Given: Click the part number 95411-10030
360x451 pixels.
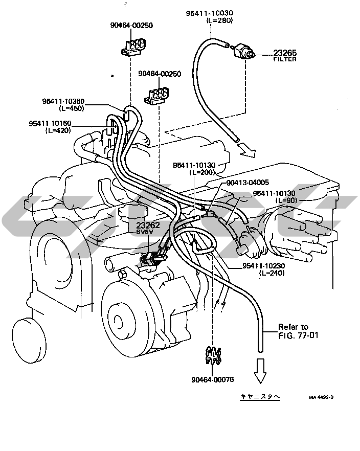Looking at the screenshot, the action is tap(209, 13).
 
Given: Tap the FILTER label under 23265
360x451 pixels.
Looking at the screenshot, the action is tap(285, 59).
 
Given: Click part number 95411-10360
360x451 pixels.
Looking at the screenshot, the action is tap(63, 101).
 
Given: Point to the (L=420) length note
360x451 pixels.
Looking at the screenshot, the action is tap(58, 130).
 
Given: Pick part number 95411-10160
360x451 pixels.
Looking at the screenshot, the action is tap(50, 123).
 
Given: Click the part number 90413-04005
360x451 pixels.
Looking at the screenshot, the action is tap(247, 183).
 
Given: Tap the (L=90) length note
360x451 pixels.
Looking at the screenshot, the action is tap(286, 200).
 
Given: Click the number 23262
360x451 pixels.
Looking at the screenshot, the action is tap(148, 225).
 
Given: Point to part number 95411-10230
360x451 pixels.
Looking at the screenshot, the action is tap(264, 266).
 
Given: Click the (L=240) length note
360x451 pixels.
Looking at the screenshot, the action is tap(272, 273).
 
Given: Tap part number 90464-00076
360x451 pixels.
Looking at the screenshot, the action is tap(213, 379).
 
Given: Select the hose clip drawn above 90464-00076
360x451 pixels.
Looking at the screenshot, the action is tap(213, 355).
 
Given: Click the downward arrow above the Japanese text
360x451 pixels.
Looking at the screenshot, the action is tap(260, 371).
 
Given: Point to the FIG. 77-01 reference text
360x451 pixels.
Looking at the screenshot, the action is tap(298, 335).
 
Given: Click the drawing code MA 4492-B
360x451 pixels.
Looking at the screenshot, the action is tap(321, 397).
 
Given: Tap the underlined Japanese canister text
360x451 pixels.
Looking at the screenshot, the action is tap(260, 396).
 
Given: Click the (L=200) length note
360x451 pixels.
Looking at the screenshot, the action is tap(202, 172).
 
